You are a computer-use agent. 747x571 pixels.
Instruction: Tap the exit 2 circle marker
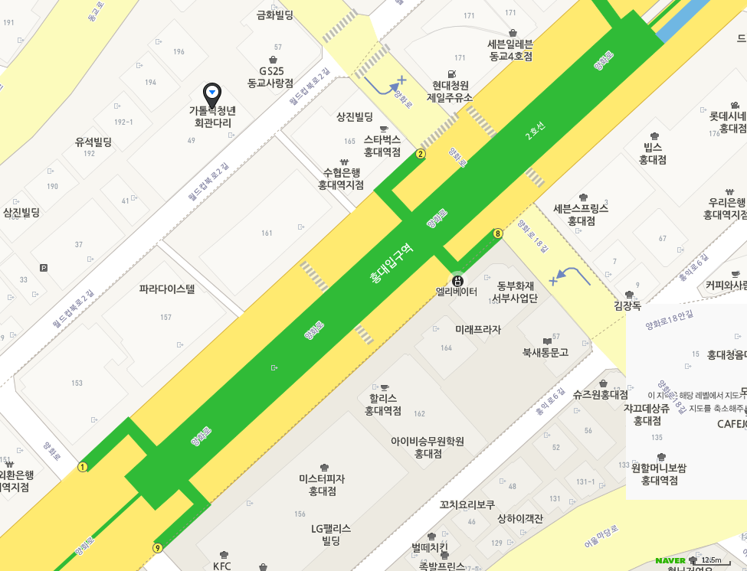[421, 154]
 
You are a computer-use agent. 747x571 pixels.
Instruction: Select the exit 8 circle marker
[498, 233]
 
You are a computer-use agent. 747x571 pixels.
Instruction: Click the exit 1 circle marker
[83, 467]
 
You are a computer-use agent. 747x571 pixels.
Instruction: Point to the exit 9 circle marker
[158, 548]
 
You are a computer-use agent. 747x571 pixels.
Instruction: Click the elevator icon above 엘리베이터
[457, 280]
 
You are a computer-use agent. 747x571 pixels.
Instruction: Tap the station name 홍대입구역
[391, 264]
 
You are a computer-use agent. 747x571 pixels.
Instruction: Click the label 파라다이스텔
[167, 289]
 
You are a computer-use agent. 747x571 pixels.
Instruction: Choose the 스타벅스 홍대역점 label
[382, 145]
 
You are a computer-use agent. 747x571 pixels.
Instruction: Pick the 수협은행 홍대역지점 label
[342, 178]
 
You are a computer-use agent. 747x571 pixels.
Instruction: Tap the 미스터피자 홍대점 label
[323, 485]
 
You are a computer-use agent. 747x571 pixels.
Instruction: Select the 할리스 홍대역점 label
[383, 404]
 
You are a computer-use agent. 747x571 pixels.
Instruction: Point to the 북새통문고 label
[546, 352]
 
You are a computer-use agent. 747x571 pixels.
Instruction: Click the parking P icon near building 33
[43, 268]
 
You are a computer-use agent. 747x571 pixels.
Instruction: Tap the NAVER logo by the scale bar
[670, 561]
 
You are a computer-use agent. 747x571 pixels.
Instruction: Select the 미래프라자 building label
[477, 330]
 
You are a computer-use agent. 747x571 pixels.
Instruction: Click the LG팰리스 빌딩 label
[331, 533]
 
